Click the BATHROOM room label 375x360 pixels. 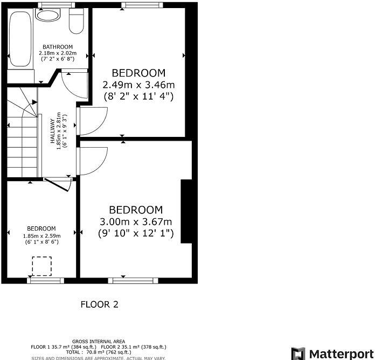coord(57,47)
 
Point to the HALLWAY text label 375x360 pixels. coord(53,131)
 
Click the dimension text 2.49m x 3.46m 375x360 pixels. coord(138,85)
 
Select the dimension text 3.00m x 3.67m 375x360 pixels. coord(136,221)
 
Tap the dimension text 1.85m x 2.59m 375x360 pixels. coord(41,236)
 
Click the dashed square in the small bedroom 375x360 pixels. coord(41,266)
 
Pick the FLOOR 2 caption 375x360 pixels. coord(99,304)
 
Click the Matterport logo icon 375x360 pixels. coord(298,354)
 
